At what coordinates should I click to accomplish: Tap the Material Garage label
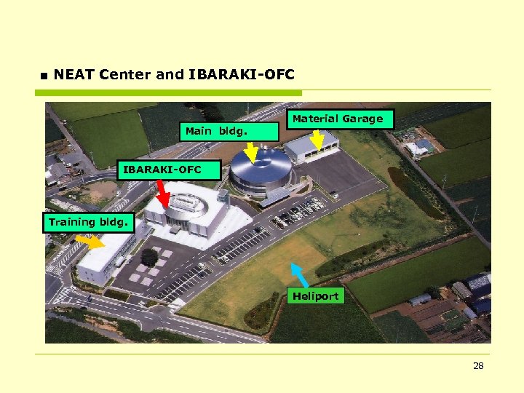pos(338,119)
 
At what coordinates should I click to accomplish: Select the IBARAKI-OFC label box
pos(162,170)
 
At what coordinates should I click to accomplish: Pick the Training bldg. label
pos(89,222)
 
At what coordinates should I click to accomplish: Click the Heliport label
pos(315,296)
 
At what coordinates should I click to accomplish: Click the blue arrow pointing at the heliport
pos(299,274)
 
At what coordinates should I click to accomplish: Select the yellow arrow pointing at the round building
pos(250,152)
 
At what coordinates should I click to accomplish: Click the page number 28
pos(478,366)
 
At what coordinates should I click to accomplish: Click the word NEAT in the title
pos(74,74)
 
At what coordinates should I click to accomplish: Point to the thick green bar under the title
pos(168,93)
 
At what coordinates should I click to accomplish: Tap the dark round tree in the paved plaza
pos(150,257)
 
